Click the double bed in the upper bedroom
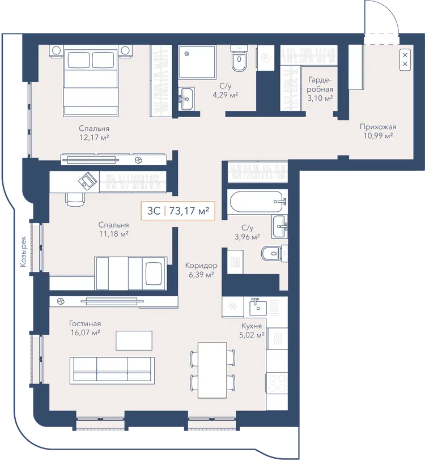click(x=91, y=80)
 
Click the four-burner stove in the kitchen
click(x=277, y=382)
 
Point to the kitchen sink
click(x=258, y=306)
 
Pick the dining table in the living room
click(x=212, y=370)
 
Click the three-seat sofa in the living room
click(x=112, y=370)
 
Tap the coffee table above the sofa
click(x=134, y=340)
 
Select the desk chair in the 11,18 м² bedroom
click(x=75, y=199)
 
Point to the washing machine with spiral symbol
click(x=266, y=58)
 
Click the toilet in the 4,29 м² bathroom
click(x=239, y=59)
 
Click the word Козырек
click(x=23, y=251)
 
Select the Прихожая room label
click(x=378, y=127)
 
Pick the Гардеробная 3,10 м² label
click(x=320, y=89)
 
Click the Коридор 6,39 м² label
click(x=201, y=270)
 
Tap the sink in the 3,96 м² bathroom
click(x=279, y=227)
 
